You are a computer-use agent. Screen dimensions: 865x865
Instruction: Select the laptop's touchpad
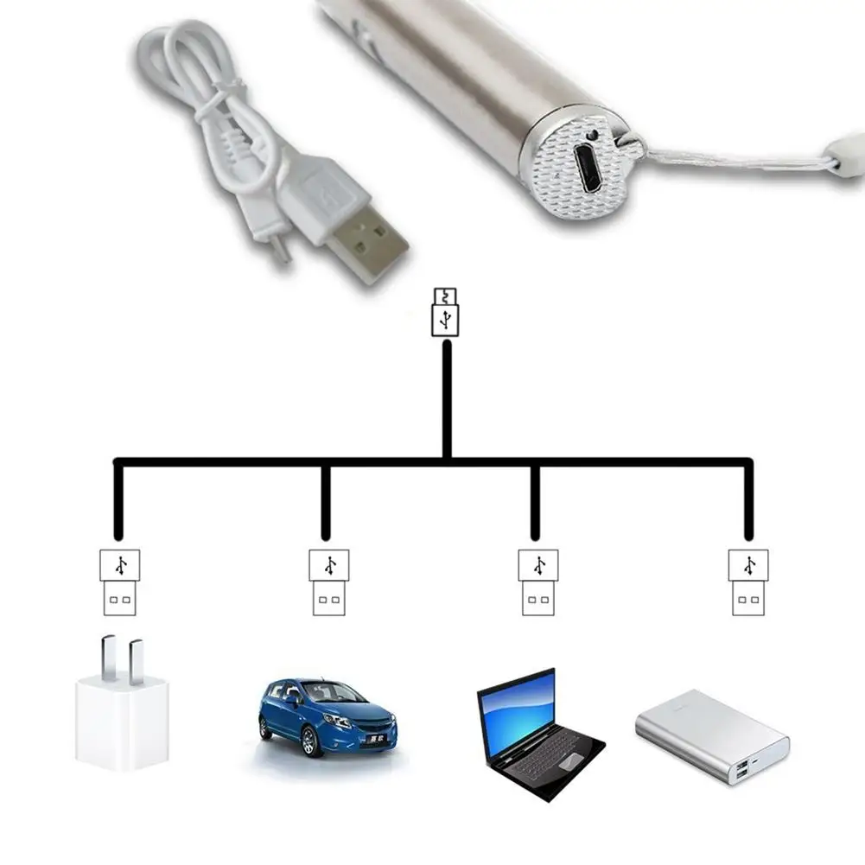click(x=570, y=761)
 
